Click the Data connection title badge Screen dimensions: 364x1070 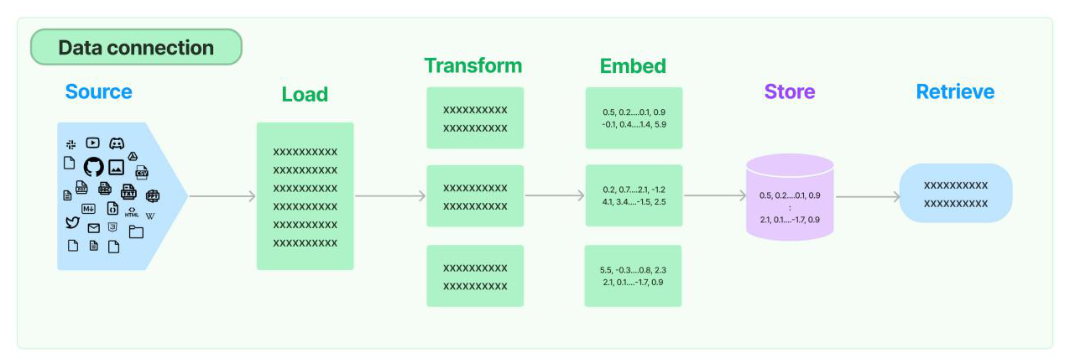[x=136, y=48]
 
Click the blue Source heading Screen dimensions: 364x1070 [x=98, y=91]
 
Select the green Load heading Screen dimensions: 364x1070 [x=305, y=95]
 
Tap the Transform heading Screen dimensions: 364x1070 [x=472, y=65]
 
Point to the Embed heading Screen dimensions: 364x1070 [x=633, y=65]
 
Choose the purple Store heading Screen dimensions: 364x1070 [x=789, y=91]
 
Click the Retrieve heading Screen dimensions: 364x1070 [x=955, y=91]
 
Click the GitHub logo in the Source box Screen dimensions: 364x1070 [x=93, y=166]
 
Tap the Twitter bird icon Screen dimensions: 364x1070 [x=72, y=223]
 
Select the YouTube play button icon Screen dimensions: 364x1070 [x=92, y=143]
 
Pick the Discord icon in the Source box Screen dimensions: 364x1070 [x=117, y=144]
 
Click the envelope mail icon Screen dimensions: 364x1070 [x=93, y=228]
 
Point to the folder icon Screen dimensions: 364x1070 [x=136, y=231]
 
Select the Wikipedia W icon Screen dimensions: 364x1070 [x=150, y=216]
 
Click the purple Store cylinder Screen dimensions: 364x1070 [x=790, y=198]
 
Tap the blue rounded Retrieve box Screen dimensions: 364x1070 [x=955, y=193]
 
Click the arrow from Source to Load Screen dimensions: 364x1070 [x=222, y=196]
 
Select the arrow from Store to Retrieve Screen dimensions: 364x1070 [x=868, y=197]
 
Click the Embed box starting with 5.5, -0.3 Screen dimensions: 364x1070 [x=633, y=276]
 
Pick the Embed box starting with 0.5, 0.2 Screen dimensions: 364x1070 [x=633, y=118]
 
